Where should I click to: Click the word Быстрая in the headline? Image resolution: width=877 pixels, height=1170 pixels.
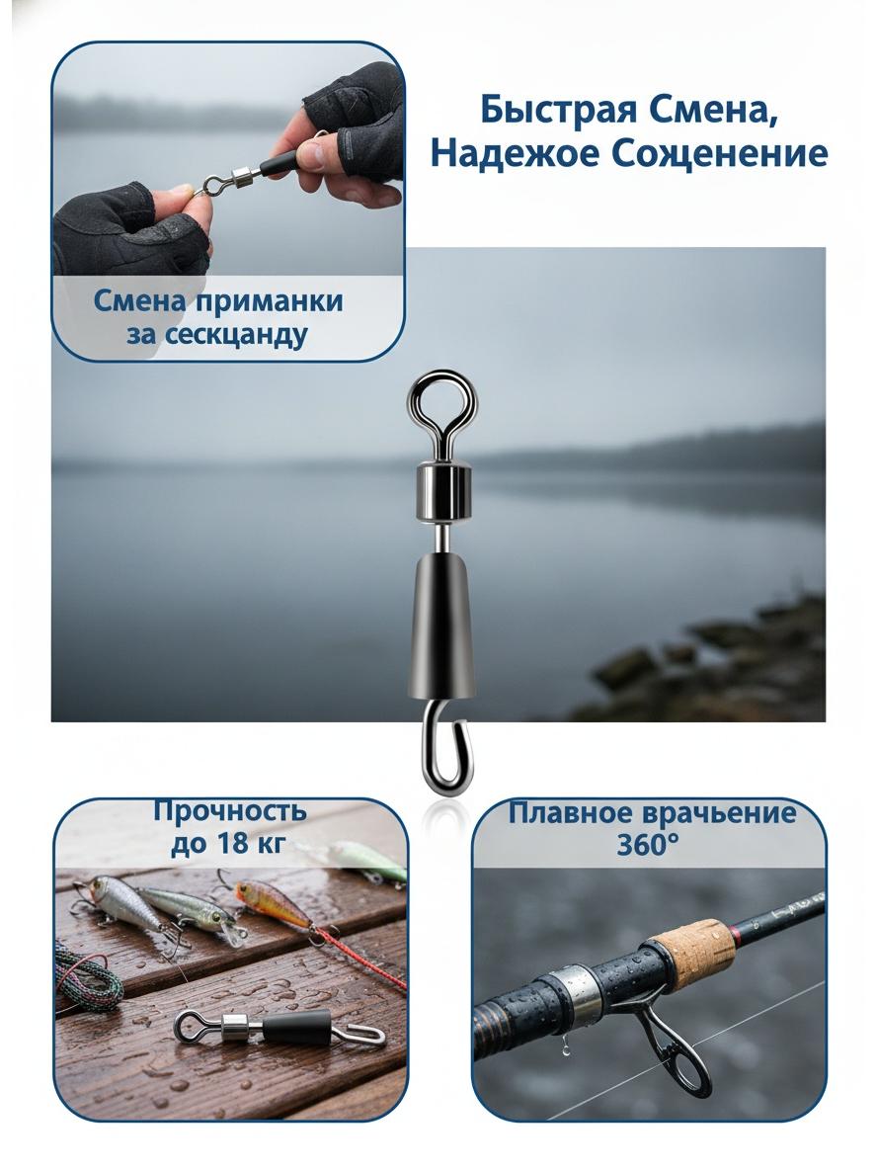click(559, 111)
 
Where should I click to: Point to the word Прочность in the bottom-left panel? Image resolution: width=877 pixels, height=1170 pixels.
click(230, 810)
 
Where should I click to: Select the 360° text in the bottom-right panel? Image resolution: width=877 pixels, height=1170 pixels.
click(648, 845)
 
